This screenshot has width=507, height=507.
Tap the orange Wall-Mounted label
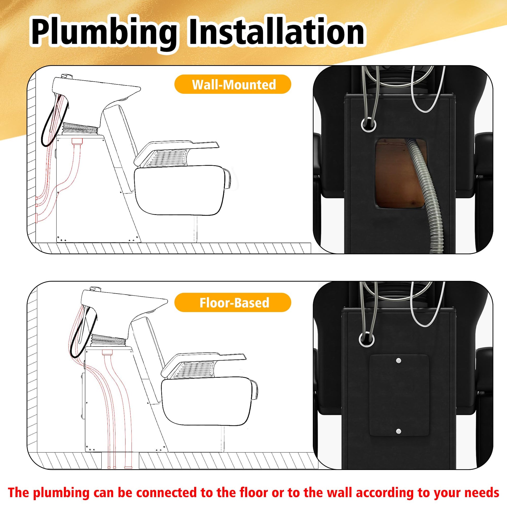[233, 84]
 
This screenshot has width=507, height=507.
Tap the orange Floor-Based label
[233, 302]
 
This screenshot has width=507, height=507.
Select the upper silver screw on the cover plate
[398, 361]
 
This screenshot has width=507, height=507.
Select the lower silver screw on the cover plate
[398, 431]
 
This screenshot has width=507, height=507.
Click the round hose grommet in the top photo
[368, 123]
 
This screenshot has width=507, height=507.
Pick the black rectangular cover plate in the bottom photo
[399, 396]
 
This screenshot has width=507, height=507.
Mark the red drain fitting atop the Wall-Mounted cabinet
[77, 141]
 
